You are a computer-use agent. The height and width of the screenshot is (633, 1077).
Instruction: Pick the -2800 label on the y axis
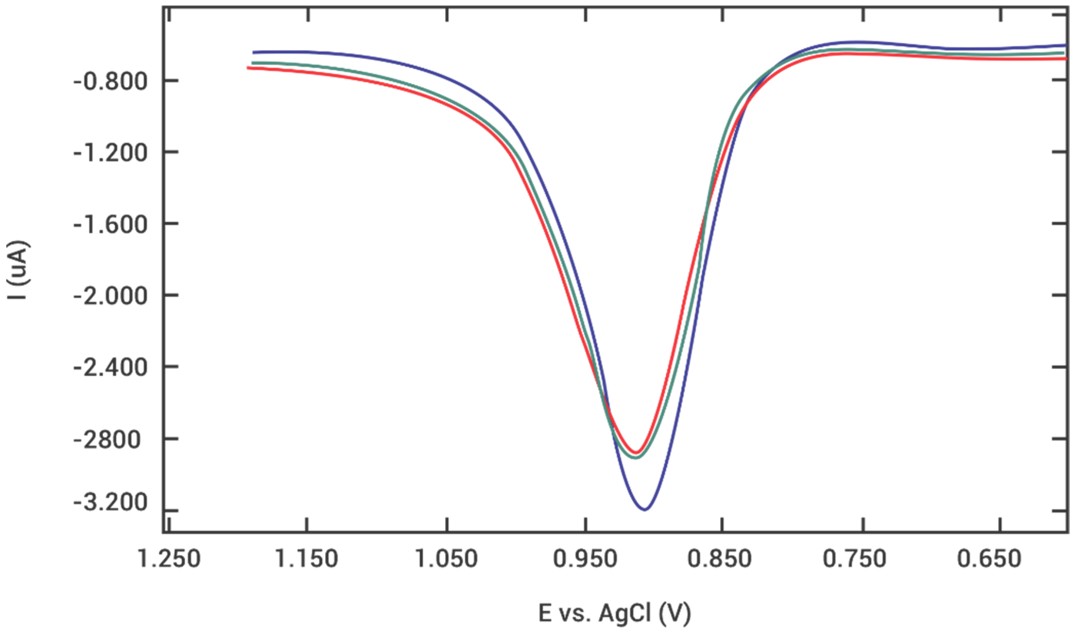(107, 440)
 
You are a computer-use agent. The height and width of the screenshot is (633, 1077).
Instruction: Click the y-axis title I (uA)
(18, 270)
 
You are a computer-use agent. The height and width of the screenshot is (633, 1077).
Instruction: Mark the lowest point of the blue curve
(645, 510)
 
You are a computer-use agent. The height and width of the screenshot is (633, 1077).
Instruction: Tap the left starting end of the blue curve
(253, 52)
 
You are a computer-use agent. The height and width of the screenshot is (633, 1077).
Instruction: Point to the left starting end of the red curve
(248, 67)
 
